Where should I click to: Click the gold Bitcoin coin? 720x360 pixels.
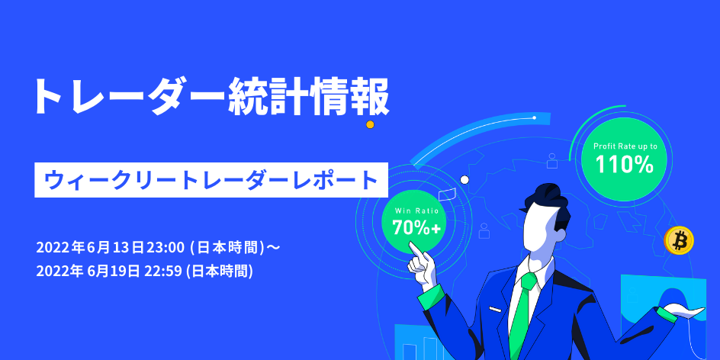coord(679,240)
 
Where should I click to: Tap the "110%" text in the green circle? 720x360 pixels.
coord(625,165)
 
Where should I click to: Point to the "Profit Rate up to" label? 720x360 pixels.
coord(625,146)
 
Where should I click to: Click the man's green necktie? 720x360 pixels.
coord(523,312)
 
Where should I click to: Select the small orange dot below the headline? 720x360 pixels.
coord(370,124)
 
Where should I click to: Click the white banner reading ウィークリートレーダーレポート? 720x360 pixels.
coord(211,180)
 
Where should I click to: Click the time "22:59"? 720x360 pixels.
coord(163,272)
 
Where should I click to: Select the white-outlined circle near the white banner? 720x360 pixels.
coord(464,179)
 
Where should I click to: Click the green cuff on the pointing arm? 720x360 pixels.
coord(431,296)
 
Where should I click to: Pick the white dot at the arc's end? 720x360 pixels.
coord(534,117)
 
